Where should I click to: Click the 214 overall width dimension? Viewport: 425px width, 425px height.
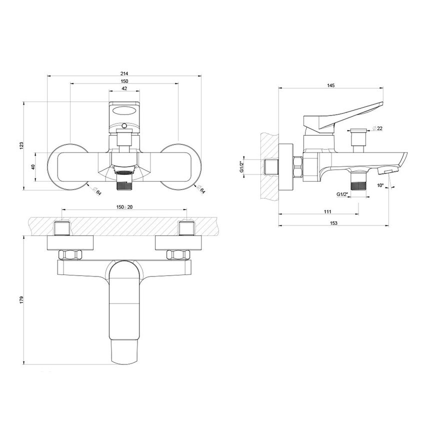tap(124, 73)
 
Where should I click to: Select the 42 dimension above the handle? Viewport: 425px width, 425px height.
tap(124, 88)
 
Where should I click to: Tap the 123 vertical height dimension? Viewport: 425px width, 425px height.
tap(21, 145)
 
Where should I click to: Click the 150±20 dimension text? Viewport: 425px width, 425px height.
tap(124, 206)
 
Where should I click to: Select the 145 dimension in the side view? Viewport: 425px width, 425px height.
tap(330, 85)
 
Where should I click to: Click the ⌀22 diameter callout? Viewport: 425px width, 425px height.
tap(377, 129)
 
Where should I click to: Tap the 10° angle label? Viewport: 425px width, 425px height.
tap(380, 185)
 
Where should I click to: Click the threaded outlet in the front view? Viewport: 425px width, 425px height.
tap(123, 184)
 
